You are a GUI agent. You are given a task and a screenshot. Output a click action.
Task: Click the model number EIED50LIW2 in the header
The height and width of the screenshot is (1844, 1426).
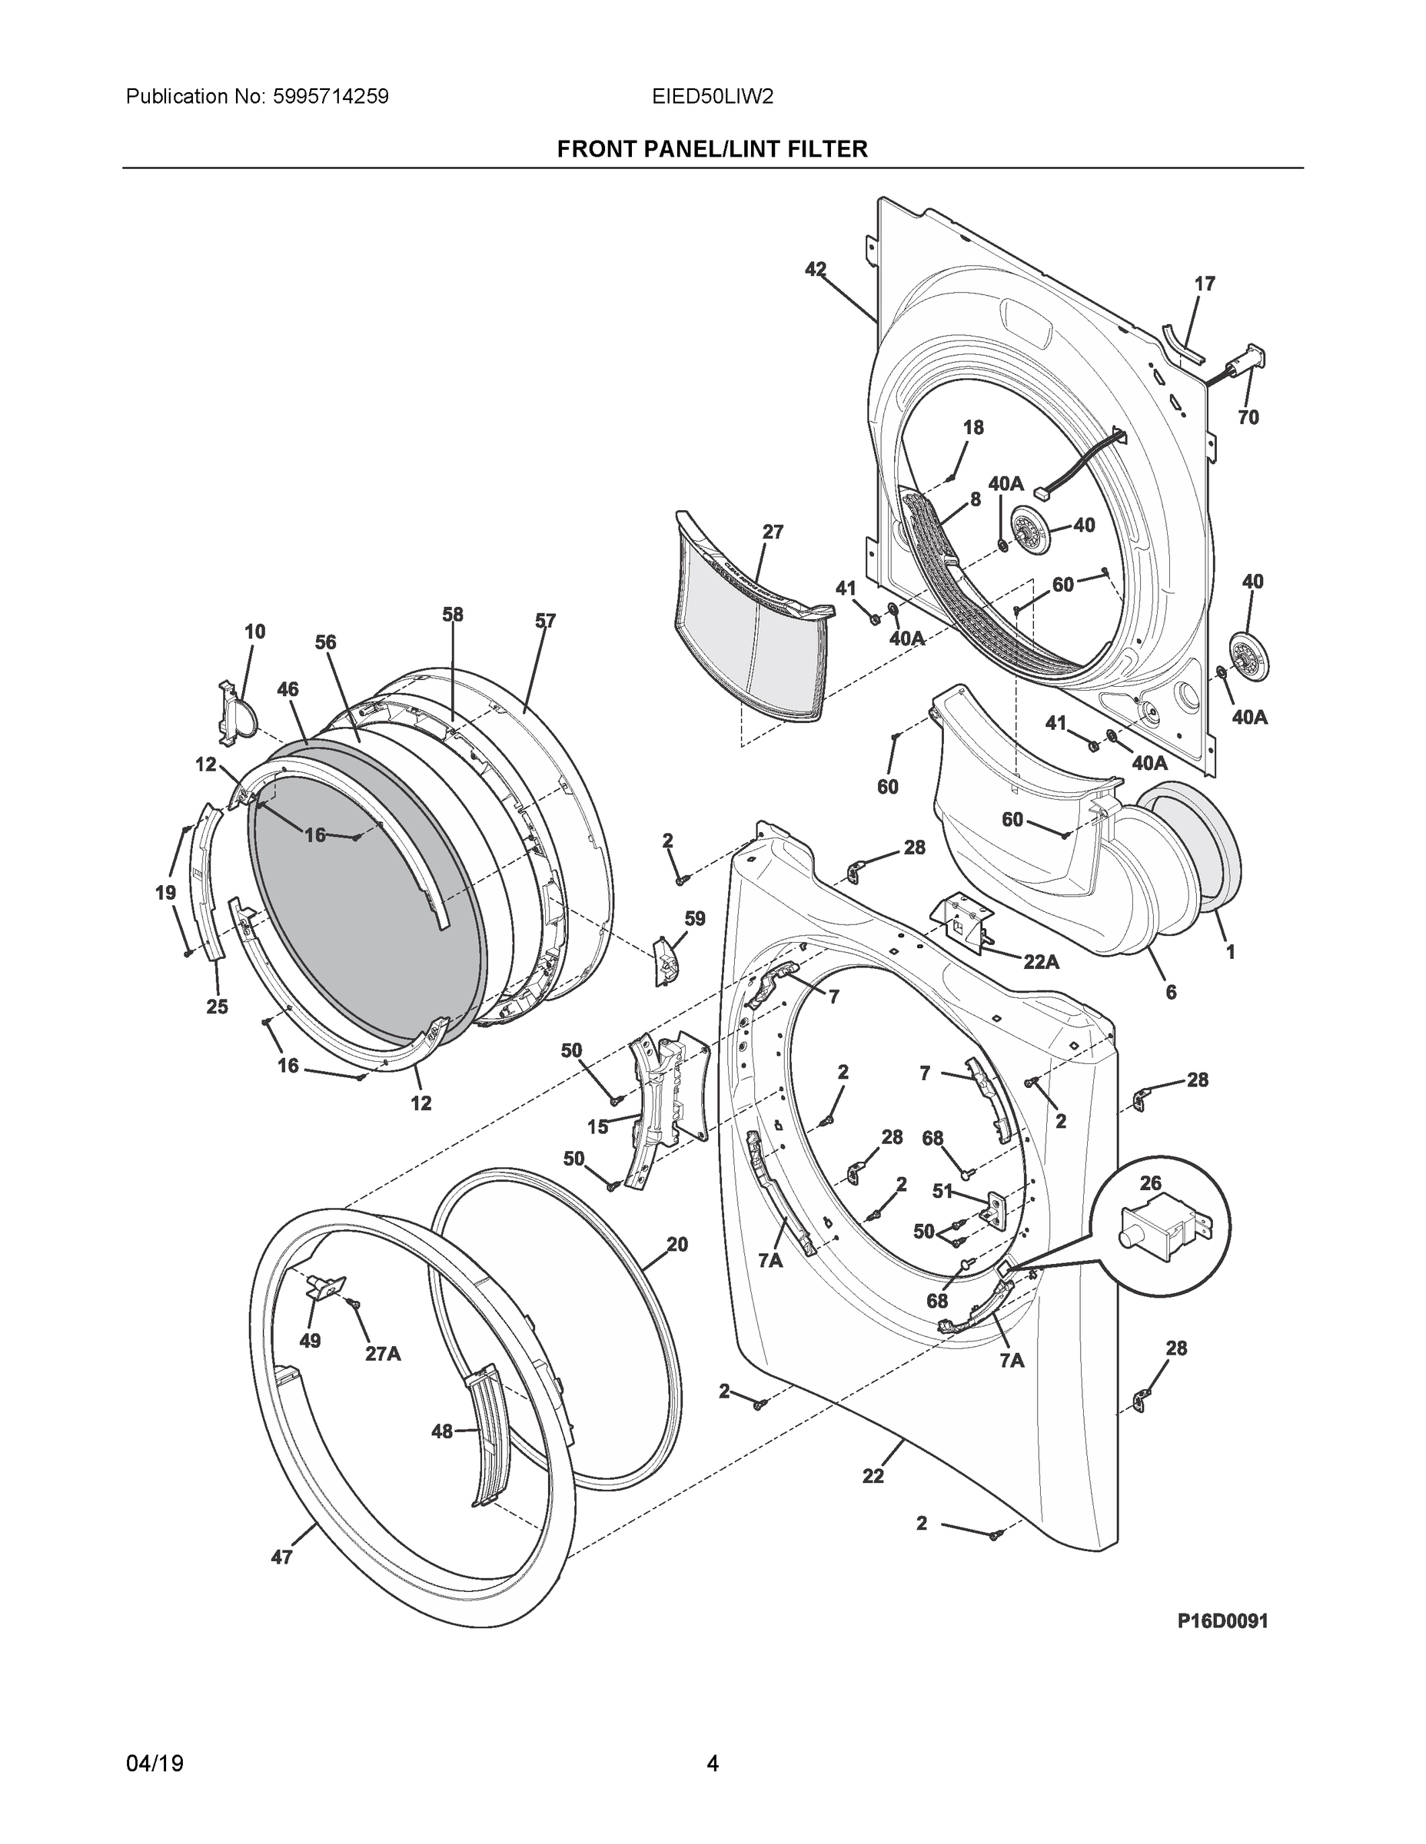[x=712, y=97]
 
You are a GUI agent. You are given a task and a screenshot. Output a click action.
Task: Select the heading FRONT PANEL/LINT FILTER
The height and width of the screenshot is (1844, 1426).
[x=712, y=150]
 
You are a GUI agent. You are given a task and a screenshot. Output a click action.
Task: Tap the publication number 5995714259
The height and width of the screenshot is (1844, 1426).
[x=331, y=97]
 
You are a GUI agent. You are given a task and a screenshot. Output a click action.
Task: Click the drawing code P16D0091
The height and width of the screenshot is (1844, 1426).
[x=1222, y=1620]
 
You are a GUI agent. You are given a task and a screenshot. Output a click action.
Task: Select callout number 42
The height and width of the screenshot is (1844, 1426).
[x=815, y=270]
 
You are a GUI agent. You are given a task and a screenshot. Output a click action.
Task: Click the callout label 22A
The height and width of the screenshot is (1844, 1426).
[x=1041, y=961]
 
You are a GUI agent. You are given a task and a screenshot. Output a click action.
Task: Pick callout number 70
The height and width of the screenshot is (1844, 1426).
[x=1248, y=417]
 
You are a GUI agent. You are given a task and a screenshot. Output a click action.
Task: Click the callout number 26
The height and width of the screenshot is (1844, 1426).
[x=1151, y=1183]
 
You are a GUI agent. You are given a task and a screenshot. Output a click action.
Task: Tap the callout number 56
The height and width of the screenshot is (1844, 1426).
[x=325, y=642]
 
